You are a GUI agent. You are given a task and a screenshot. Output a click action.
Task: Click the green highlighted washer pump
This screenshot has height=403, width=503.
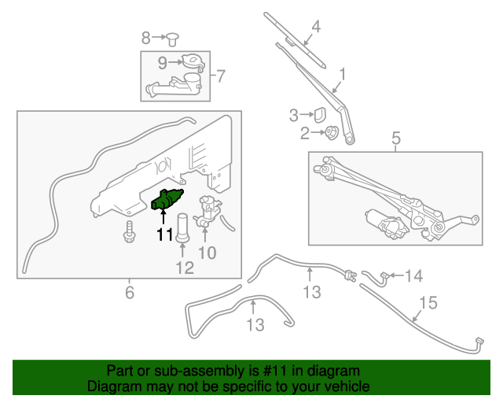pos(166,200)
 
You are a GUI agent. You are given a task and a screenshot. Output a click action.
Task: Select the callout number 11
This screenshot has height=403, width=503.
pos(163,234)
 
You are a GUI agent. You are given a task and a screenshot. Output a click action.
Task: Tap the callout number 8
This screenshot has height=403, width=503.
pos(146,37)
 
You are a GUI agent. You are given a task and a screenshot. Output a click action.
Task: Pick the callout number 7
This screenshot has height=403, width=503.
pos(220,76)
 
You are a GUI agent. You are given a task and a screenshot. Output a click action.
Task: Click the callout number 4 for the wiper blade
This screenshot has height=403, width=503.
pos(316,27)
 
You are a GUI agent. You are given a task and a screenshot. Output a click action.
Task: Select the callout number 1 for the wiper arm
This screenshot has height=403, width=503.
pos(342,76)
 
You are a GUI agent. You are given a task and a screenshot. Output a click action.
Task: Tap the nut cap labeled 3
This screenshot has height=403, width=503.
pos(321,115)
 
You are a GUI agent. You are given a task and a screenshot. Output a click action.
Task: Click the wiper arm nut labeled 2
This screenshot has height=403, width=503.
pos(332,133)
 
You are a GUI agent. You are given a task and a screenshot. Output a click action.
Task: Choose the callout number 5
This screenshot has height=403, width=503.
pos(396,139)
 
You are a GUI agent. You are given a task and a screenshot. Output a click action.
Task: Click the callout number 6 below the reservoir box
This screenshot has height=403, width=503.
pos(130,294)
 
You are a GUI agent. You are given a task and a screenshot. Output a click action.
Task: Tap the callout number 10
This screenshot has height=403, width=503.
pos(206,253)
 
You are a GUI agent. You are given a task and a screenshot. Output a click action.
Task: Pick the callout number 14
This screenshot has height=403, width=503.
pos(414,275)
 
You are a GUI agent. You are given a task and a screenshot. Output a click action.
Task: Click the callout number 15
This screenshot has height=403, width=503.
pos(427,302)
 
